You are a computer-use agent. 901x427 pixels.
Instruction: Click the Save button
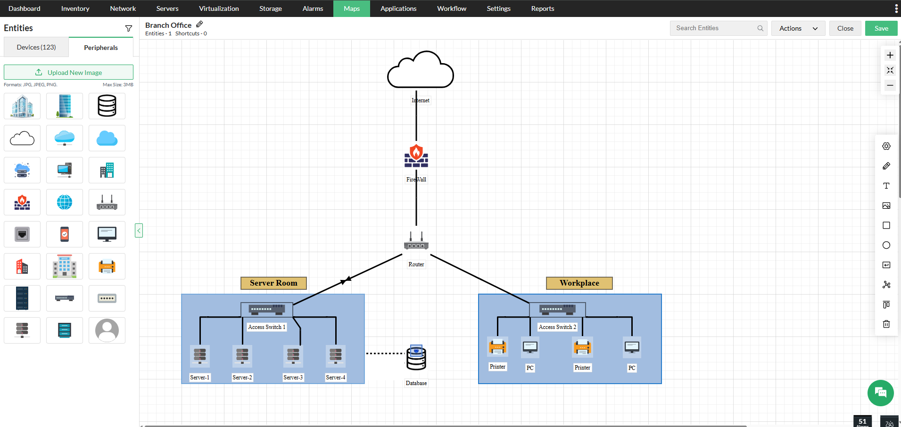click(881, 28)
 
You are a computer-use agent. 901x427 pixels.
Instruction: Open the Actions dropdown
click(798, 28)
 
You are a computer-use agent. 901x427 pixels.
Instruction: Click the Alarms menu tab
click(313, 8)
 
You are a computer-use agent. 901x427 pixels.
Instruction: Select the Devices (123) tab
click(36, 47)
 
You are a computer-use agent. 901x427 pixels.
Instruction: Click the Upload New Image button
click(69, 73)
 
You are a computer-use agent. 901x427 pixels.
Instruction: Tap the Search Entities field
click(715, 28)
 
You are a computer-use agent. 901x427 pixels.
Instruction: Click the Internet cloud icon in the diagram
click(420, 71)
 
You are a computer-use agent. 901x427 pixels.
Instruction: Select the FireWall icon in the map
click(416, 156)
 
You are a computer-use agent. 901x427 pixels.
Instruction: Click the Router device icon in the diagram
click(416, 241)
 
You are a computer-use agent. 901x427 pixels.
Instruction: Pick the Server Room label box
click(273, 283)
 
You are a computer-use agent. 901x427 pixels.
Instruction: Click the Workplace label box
click(579, 283)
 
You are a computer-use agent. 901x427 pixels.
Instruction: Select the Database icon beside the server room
click(416, 358)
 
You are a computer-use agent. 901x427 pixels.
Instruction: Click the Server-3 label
click(293, 378)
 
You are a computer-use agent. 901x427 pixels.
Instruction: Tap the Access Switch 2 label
click(557, 327)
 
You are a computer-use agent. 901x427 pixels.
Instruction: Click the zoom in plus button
click(890, 55)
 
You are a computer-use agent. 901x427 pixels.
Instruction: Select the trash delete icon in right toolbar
click(886, 324)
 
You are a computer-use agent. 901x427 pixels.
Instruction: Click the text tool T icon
click(886, 186)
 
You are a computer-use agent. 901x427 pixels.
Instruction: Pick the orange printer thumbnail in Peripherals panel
click(107, 267)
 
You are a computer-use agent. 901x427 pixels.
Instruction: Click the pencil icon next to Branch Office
click(199, 25)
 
